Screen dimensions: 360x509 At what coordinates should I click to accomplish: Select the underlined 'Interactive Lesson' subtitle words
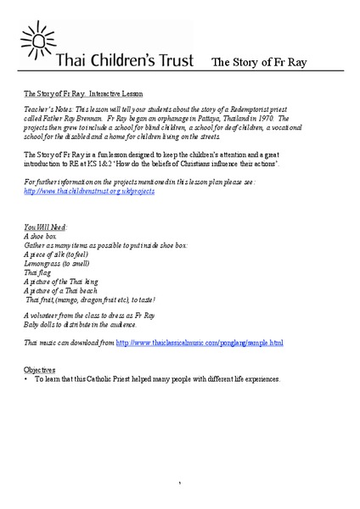(x=114, y=93)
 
